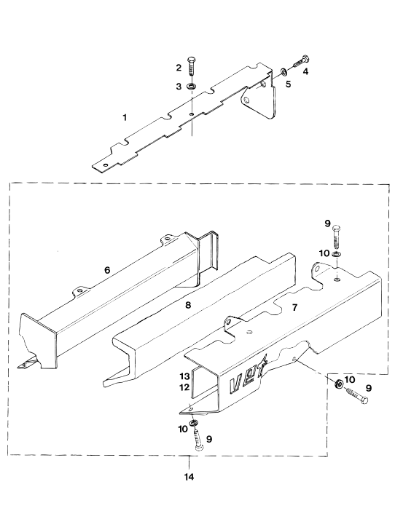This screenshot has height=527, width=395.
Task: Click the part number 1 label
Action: (125, 118)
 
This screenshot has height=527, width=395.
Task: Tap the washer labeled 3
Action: (191, 86)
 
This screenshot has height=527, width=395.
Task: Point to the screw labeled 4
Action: (300, 62)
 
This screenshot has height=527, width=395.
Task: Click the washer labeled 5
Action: (283, 71)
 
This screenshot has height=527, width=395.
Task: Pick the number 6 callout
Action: (107, 270)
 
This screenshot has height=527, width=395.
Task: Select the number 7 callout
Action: (294, 307)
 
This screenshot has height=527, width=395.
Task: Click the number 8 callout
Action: (188, 305)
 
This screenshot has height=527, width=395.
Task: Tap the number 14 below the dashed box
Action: (189, 477)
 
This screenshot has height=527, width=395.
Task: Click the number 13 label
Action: (184, 376)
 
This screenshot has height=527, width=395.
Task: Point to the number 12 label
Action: (184, 387)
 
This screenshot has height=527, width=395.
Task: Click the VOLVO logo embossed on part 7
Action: (248, 379)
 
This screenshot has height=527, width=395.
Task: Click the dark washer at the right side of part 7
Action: (338, 383)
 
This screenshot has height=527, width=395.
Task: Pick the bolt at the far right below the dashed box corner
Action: (356, 395)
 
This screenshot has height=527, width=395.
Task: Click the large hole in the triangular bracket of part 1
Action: (247, 100)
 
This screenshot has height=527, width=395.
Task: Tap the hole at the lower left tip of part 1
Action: (106, 165)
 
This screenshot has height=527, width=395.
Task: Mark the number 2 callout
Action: (179, 68)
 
